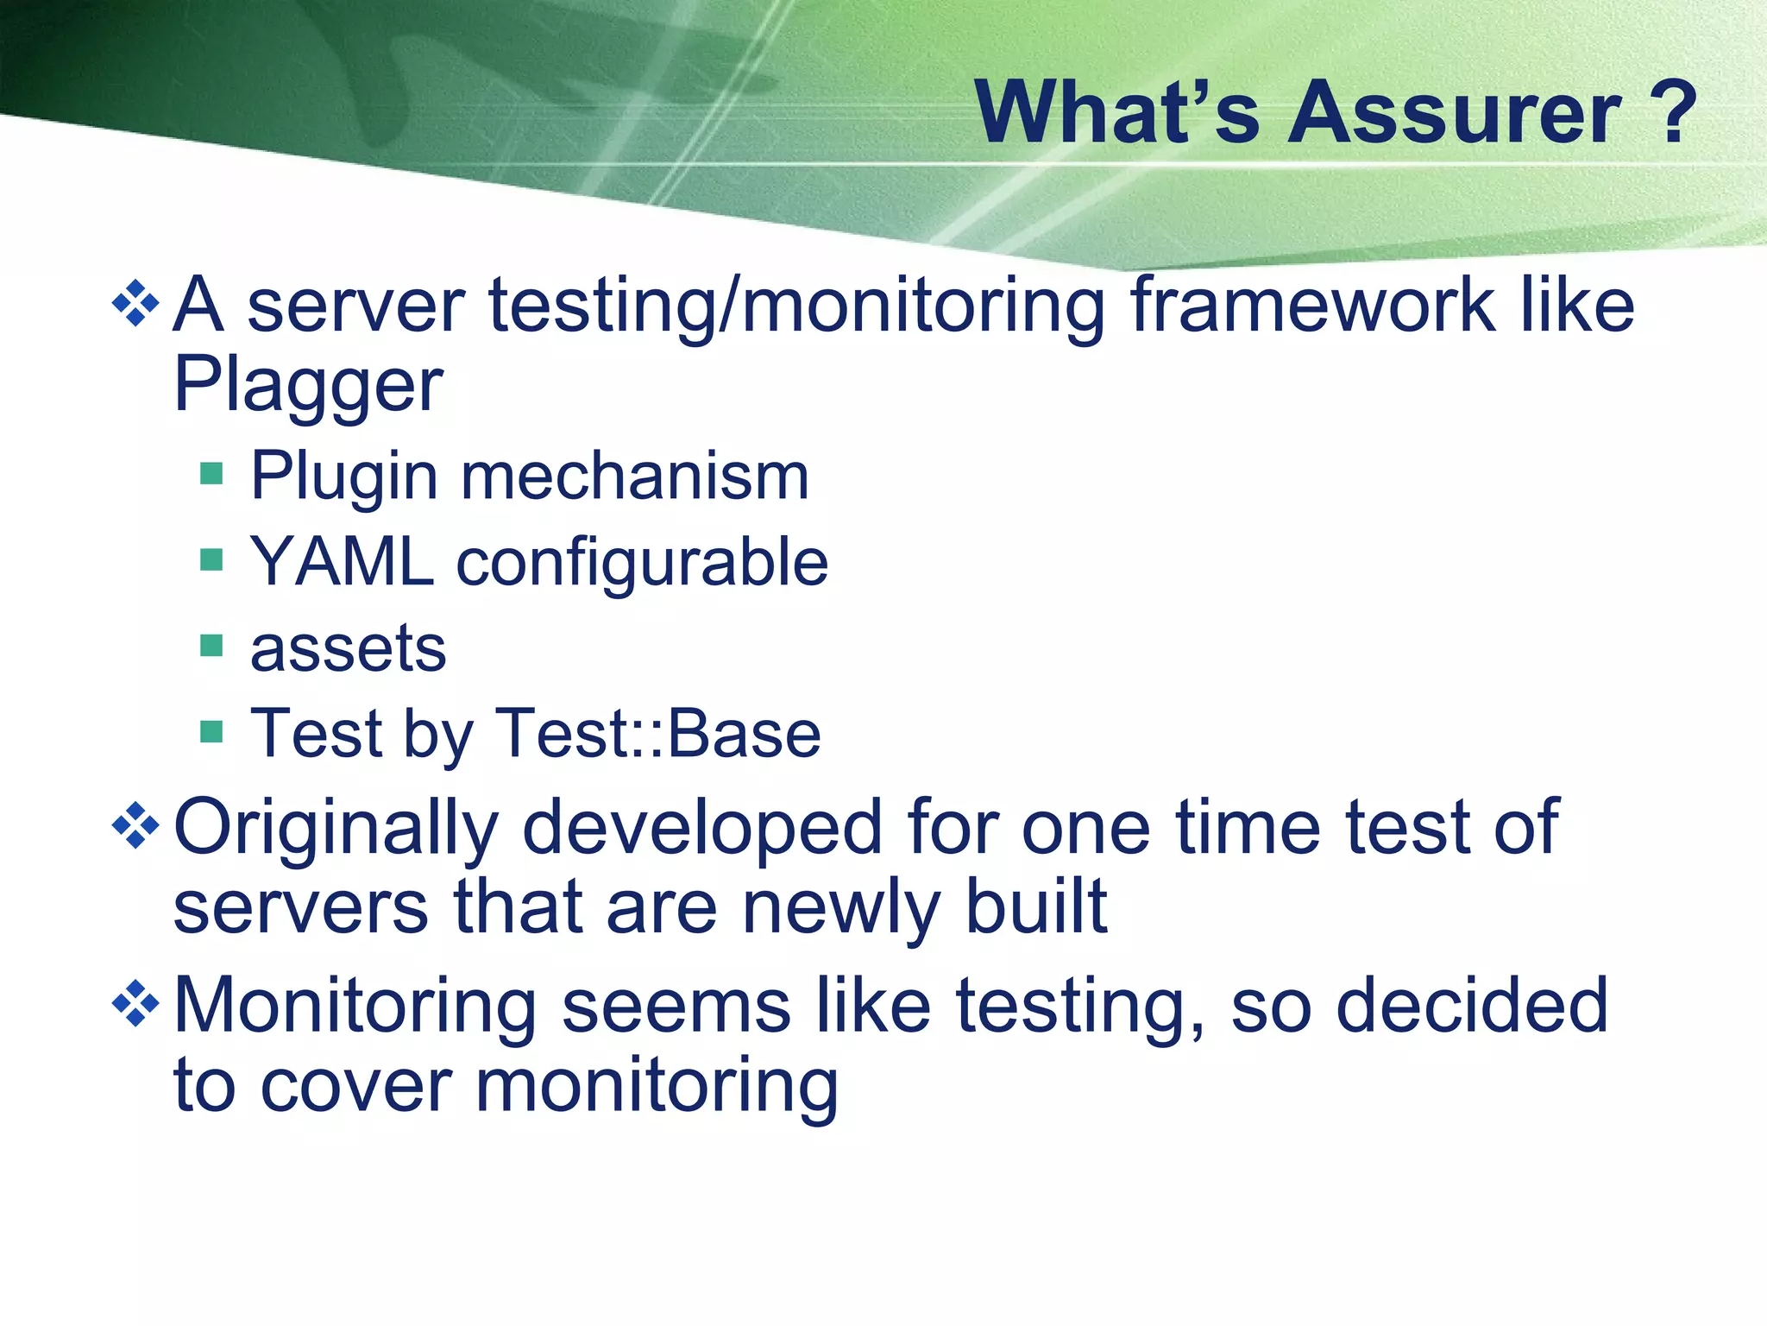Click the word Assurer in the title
point(1454,114)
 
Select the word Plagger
point(308,386)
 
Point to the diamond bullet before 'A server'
point(136,303)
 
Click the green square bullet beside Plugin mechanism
point(211,474)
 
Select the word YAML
point(342,562)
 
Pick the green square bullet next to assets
point(211,645)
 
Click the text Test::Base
point(657,734)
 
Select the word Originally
point(336,829)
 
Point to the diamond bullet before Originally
point(136,826)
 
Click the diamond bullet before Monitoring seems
point(136,1003)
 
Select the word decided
point(1471,1006)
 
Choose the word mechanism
point(635,477)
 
